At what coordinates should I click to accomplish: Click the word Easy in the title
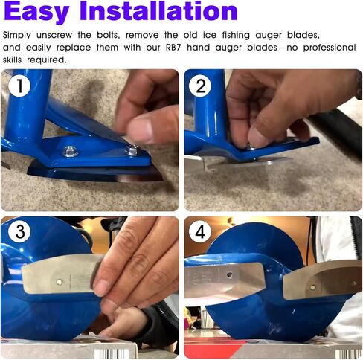[36, 12]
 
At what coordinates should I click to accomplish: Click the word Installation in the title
[158, 10]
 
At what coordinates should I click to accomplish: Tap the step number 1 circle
[19, 86]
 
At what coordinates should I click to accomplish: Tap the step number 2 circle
[200, 86]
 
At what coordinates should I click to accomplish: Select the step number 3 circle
[19, 231]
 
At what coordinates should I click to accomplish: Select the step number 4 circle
[200, 231]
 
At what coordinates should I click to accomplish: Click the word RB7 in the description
[173, 47]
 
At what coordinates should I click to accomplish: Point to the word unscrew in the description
[54, 35]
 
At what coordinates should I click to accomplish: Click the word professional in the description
[330, 48]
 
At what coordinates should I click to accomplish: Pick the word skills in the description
[12, 60]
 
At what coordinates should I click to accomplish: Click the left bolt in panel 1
[70, 151]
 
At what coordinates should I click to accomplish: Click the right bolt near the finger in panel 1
[133, 150]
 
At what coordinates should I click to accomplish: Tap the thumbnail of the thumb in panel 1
[140, 129]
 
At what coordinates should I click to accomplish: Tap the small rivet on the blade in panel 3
[59, 282]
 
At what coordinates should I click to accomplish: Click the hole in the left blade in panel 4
[230, 275]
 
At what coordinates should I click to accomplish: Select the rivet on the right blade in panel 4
[313, 287]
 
